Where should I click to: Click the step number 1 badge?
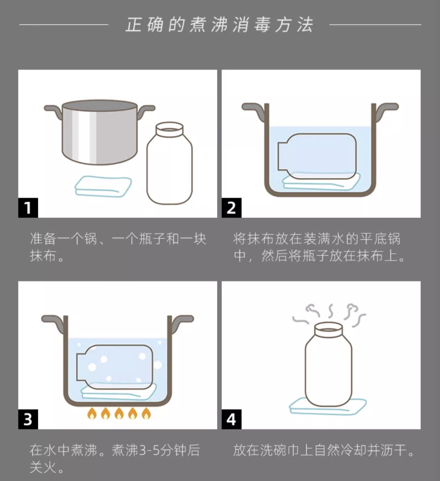28,208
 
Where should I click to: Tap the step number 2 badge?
231,208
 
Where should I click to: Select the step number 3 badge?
28,419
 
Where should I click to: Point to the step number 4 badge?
231,419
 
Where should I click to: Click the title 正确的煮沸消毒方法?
219,24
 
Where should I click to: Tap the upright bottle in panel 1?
170,163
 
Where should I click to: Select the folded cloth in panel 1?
103,186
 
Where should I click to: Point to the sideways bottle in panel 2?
317,156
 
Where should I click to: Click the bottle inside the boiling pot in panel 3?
115,367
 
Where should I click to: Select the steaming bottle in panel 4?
328,364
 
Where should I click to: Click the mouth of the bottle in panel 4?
329,329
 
